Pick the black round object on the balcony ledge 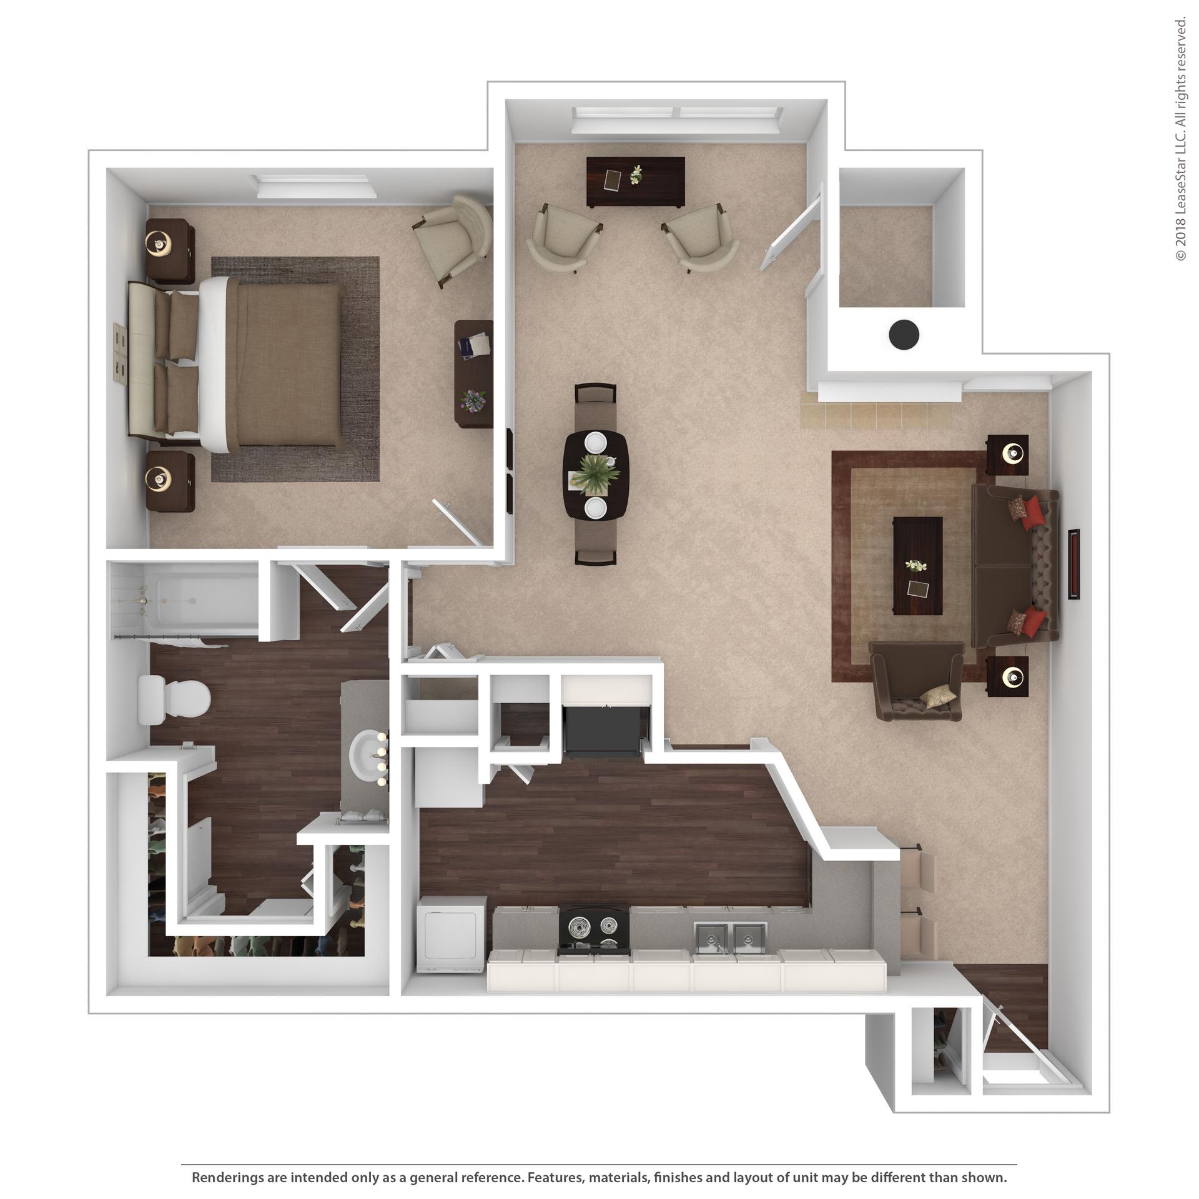(x=904, y=335)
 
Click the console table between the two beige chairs (x=636, y=182)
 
